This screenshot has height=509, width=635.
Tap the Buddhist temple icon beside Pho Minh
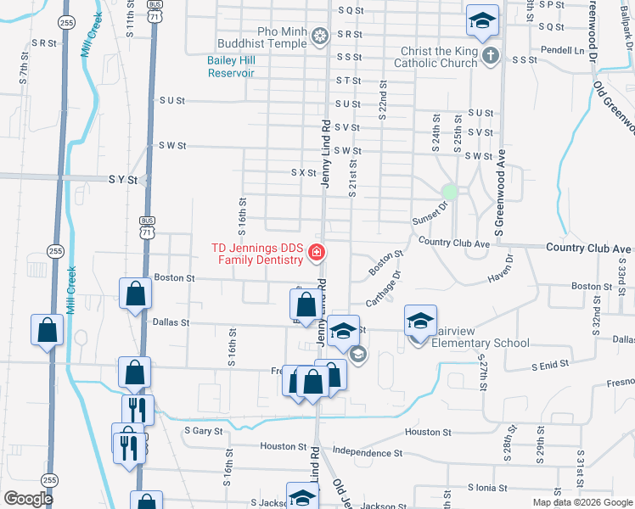(x=319, y=36)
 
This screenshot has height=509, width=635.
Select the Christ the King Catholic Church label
(x=440, y=57)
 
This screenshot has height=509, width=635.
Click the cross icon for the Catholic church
(x=489, y=57)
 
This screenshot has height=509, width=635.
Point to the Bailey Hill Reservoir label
(x=231, y=67)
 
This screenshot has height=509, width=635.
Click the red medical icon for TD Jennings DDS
(x=317, y=252)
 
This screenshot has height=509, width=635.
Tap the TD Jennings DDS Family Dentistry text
(x=258, y=254)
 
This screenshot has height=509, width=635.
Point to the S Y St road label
(x=122, y=180)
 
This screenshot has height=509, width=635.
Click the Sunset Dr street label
(x=430, y=212)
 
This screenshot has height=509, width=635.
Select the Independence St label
(x=366, y=451)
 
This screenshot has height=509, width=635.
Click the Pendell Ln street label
(x=563, y=51)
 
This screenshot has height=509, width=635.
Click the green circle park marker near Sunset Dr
(x=449, y=192)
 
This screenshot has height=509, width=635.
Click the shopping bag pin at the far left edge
(x=47, y=329)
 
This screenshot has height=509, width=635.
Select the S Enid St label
(x=551, y=366)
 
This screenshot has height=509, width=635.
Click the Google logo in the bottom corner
(x=29, y=498)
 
